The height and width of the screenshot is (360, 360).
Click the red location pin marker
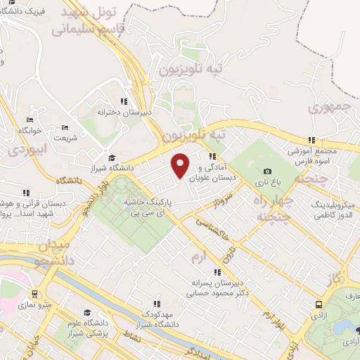tap(181, 165)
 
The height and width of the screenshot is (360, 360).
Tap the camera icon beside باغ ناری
tap(267, 171)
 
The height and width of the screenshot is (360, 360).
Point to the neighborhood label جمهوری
tap(329, 108)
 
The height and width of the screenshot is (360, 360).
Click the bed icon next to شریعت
tap(65, 128)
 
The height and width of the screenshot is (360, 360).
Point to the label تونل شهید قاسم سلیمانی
tap(95, 21)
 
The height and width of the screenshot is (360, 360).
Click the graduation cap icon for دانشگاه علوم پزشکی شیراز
tap(86, 312)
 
